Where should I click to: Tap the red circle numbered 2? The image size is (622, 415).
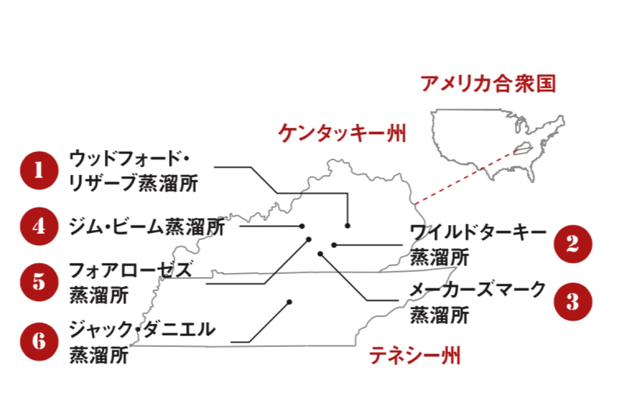point(573,244)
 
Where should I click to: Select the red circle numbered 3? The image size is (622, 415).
point(573,302)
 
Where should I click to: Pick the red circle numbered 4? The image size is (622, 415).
point(38,227)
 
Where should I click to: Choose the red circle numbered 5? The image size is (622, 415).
point(38,282)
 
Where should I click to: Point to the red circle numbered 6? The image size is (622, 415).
point(38,341)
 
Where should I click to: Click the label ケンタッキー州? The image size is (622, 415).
point(342,133)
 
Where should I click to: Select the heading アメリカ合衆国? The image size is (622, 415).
point(488,84)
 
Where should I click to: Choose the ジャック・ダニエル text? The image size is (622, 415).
point(141,329)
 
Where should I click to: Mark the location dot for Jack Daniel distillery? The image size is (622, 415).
point(289,302)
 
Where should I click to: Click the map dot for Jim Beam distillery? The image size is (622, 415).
point(302,226)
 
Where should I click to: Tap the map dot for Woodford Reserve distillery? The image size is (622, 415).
point(347,226)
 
